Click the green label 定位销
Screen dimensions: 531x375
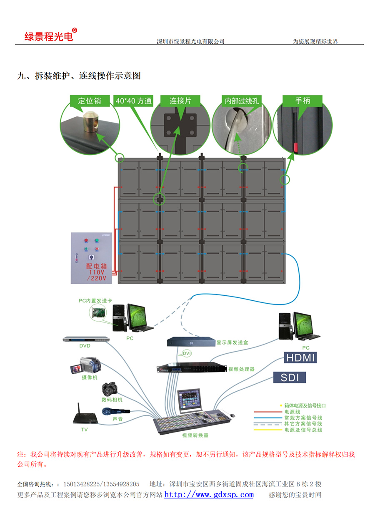click(x=89, y=101)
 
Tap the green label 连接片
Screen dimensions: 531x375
click(x=180, y=101)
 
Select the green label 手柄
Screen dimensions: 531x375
click(x=302, y=101)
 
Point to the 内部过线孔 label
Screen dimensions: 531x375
click(x=242, y=101)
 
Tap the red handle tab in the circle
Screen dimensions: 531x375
click(x=296, y=147)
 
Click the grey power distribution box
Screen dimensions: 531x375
click(x=91, y=258)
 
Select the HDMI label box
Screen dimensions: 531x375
click(x=300, y=357)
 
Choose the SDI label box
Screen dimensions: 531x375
click(x=290, y=377)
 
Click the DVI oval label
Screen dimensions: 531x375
click(x=186, y=354)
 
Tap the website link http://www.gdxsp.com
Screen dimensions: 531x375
click(x=209, y=495)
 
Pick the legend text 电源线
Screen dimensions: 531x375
click(x=291, y=412)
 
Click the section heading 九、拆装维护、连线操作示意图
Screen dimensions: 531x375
click(x=79, y=75)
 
